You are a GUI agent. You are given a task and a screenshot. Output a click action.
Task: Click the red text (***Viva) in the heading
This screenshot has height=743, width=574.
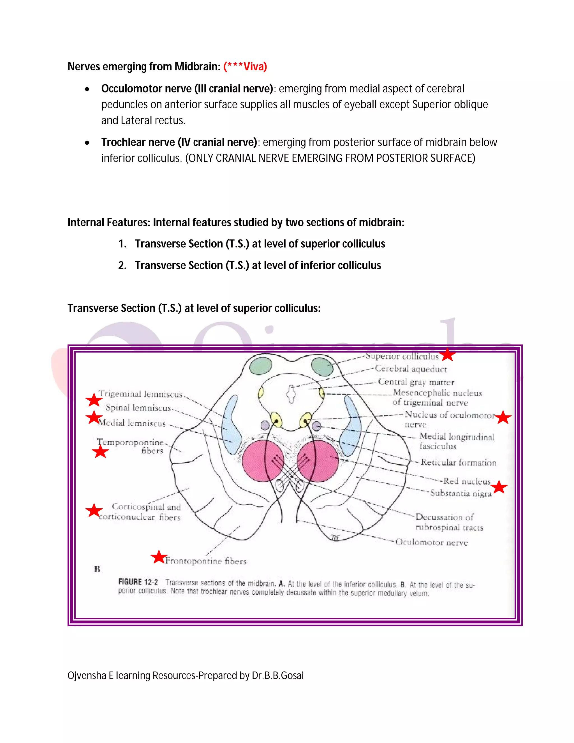click(245, 66)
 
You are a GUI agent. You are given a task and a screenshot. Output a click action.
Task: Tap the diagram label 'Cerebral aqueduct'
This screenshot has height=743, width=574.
click(411, 369)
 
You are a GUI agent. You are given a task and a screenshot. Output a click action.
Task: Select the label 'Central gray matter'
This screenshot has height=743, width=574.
click(416, 382)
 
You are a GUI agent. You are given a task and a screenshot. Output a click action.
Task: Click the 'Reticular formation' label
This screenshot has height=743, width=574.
click(458, 462)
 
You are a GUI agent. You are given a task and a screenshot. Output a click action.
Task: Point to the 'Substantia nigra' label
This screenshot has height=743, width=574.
click(461, 493)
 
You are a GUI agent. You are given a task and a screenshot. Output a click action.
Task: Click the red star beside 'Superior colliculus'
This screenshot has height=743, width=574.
click(448, 355)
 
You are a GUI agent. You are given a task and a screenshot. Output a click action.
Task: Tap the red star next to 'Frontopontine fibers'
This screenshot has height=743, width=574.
click(158, 557)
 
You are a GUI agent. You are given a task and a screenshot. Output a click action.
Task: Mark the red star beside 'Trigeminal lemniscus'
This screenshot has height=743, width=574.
click(94, 400)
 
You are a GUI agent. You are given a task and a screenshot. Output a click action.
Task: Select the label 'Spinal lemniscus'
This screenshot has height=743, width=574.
click(138, 408)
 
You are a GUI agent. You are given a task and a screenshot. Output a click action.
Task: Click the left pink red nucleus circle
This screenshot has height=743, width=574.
click(263, 461)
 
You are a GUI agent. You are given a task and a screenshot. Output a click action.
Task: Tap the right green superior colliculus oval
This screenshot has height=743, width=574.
click(322, 366)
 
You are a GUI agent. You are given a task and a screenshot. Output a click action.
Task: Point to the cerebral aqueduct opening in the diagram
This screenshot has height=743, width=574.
click(291, 394)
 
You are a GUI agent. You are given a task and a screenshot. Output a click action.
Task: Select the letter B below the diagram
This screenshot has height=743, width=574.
click(97, 569)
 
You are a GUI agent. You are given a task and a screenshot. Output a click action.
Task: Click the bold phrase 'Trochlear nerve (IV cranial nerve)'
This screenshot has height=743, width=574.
click(179, 142)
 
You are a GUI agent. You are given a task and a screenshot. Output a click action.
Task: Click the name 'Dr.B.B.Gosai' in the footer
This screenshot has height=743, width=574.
click(277, 675)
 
